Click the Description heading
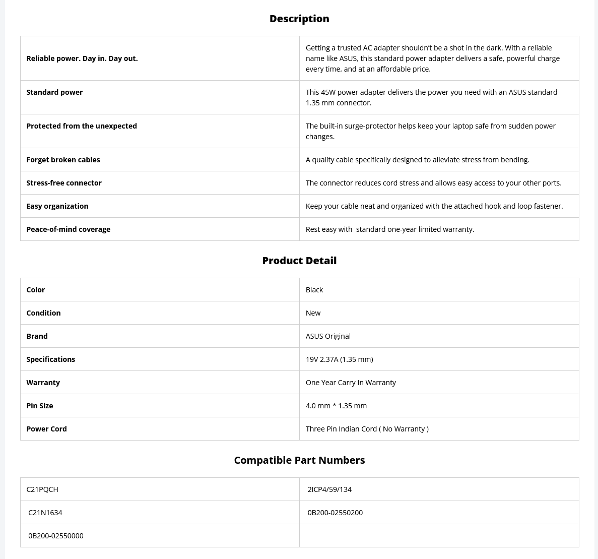click(299, 19)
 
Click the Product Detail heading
click(299, 261)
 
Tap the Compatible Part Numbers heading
click(299, 460)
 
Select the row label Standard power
click(54, 92)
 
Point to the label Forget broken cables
click(63, 160)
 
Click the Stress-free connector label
click(64, 183)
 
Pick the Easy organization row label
click(57, 206)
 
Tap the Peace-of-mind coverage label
click(68, 229)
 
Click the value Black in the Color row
click(314, 290)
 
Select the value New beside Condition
click(313, 313)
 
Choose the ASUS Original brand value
click(328, 336)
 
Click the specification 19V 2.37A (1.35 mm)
click(339, 359)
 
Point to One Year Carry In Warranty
click(351, 383)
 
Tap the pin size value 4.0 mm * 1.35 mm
click(336, 406)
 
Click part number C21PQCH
click(42, 489)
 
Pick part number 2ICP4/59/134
click(329, 489)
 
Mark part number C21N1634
click(45, 513)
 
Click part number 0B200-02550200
click(335, 513)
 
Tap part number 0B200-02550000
click(56, 536)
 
